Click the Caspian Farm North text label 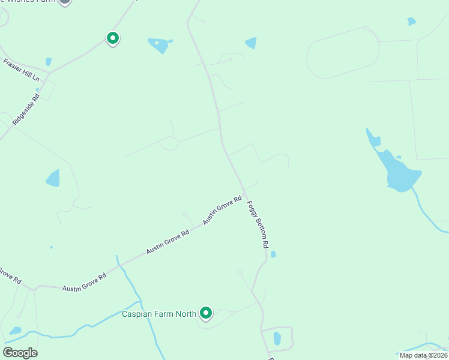click(x=160, y=314)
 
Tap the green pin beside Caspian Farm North click(x=206, y=313)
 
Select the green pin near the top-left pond click(x=112, y=38)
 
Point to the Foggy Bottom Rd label click(x=257, y=224)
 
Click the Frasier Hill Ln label click(x=21, y=70)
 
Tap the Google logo click(x=20, y=352)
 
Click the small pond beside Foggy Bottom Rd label click(x=273, y=254)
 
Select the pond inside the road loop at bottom click(x=277, y=338)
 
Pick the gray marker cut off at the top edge click(x=65, y=2)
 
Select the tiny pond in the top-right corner click(x=411, y=22)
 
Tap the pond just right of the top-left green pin click(x=158, y=44)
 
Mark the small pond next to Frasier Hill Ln click(x=49, y=61)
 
